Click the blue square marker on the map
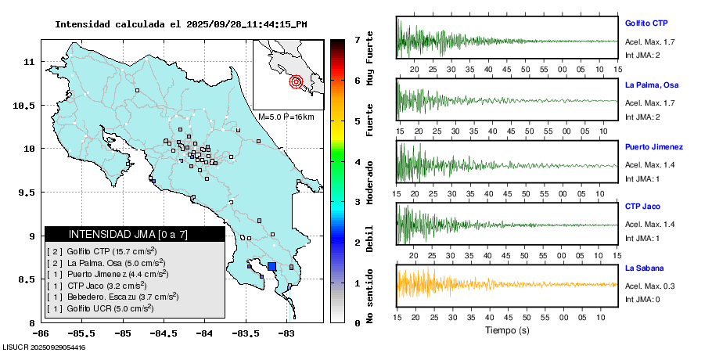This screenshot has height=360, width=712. click(x=271, y=266)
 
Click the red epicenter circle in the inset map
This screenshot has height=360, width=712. click(x=296, y=81)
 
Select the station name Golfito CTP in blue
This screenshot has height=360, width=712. click(x=645, y=23)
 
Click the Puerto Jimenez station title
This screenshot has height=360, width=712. click(x=653, y=146)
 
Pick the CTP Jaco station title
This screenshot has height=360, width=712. click(x=642, y=206)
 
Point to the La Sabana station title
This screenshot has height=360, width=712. click(x=644, y=268)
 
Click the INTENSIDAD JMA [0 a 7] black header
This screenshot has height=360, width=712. click(x=135, y=234)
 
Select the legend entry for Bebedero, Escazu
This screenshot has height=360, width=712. click(x=113, y=297)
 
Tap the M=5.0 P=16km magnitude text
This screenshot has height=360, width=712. click(x=286, y=117)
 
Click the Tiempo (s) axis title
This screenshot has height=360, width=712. click(x=506, y=329)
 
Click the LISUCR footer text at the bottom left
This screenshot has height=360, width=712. click(x=45, y=347)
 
